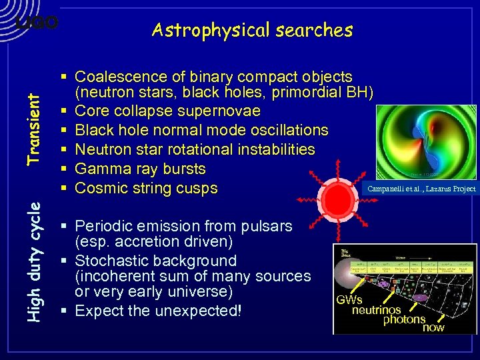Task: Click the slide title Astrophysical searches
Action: click(x=252, y=30)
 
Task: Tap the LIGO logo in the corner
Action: click(x=37, y=23)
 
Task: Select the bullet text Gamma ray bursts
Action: click(x=140, y=169)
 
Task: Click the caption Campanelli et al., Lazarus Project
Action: click(x=422, y=189)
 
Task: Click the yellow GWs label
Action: click(x=349, y=300)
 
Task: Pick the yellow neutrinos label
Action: click(x=377, y=310)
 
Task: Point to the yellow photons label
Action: click(x=403, y=319)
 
